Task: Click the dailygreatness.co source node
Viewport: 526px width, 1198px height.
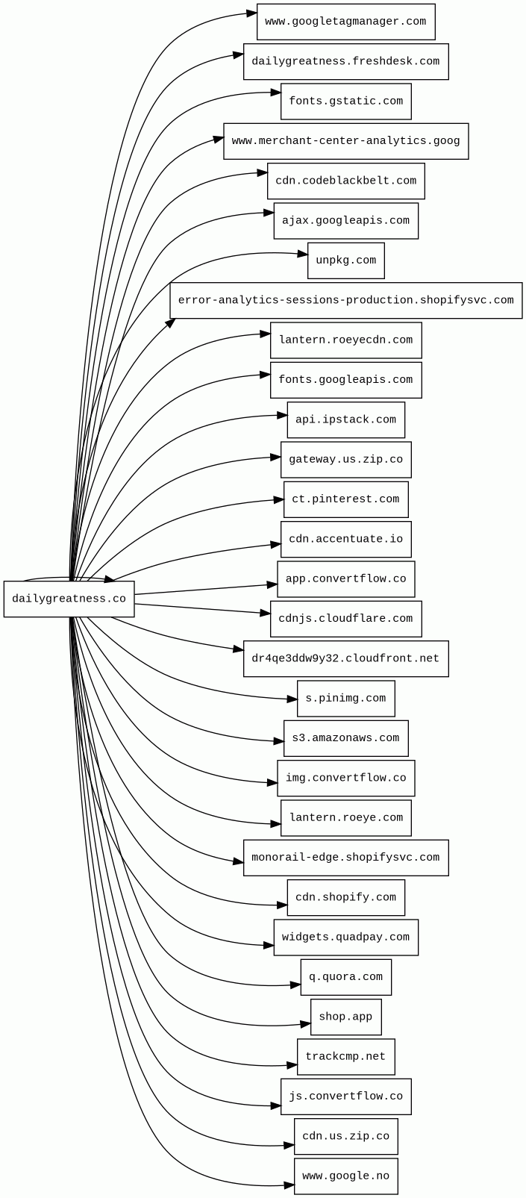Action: point(69,599)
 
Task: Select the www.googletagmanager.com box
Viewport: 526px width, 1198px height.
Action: point(345,22)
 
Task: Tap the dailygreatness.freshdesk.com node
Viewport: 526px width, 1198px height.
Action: point(345,61)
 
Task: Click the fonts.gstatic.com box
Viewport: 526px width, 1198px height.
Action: point(345,101)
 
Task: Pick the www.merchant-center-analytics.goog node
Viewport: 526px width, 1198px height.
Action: point(345,141)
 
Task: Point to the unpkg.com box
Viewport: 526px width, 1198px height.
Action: point(345,260)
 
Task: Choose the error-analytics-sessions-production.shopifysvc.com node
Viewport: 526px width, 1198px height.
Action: point(345,300)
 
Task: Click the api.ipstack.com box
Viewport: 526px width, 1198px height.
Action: point(345,419)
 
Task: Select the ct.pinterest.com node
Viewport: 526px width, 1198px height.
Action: point(345,499)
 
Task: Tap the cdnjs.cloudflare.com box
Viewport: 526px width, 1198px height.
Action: point(345,619)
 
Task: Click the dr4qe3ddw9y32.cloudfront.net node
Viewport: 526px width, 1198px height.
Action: point(345,658)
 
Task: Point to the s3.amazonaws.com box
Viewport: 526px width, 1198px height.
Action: point(345,738)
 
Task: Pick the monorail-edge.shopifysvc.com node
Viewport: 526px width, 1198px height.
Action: point(345,858)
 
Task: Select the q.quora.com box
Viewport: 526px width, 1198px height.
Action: point(345,977)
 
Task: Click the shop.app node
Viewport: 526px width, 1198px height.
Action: point(345,1017)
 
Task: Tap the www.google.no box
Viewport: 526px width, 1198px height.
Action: point(345,1176)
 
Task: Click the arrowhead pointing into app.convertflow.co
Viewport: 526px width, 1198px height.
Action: point(273,584)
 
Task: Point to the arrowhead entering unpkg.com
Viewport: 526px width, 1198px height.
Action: point(303,255)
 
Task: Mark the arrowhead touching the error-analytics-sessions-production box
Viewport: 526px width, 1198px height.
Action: point(171,322)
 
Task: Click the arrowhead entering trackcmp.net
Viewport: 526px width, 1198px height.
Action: point(292,1065)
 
